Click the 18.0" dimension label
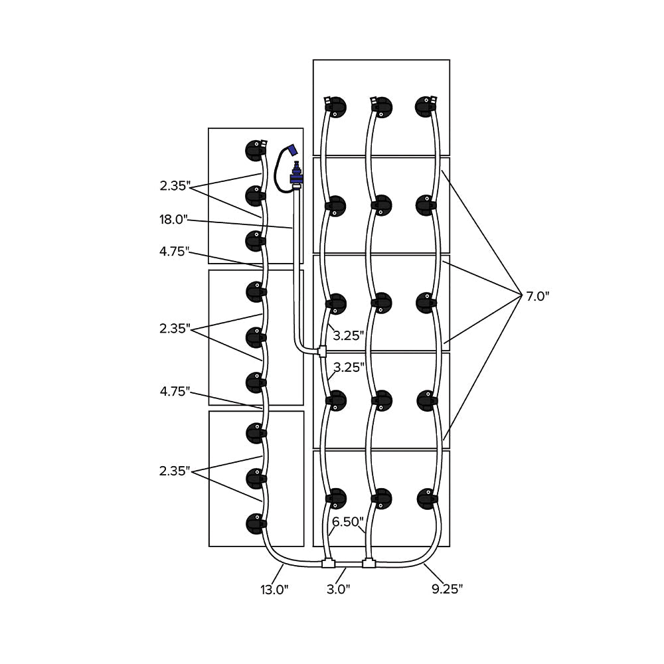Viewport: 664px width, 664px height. pyautogui.click(x=175, y=220)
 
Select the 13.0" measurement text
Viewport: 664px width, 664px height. pyautogui.click(x=275, y=589)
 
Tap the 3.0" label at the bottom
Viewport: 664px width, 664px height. pyautogui.click(x=338, y=589)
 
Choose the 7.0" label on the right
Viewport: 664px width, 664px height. pyautogui.click(x=538, y=297)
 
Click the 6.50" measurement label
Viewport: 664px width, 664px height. pyautogui.click(x=346, y=523)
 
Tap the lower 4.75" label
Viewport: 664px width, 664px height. pyautogui.click(x=175, y=392)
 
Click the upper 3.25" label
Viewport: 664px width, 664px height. pyautogui.click(x=349, y=335)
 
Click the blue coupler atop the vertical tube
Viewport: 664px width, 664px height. pyautogui.click(x=296, y=177)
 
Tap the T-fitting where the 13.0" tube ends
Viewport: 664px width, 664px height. pyautogui.click(x=328, y=564)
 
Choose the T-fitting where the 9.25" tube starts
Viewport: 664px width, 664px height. pyautogui.click(x=369, y=564)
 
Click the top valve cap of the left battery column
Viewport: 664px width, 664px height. pyautogui.click(x=255, y=150)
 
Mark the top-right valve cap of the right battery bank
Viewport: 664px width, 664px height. pyautogui.click(x=426, y=106)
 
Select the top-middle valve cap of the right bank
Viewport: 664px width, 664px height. pyautogui.click(x=381, y=106)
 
